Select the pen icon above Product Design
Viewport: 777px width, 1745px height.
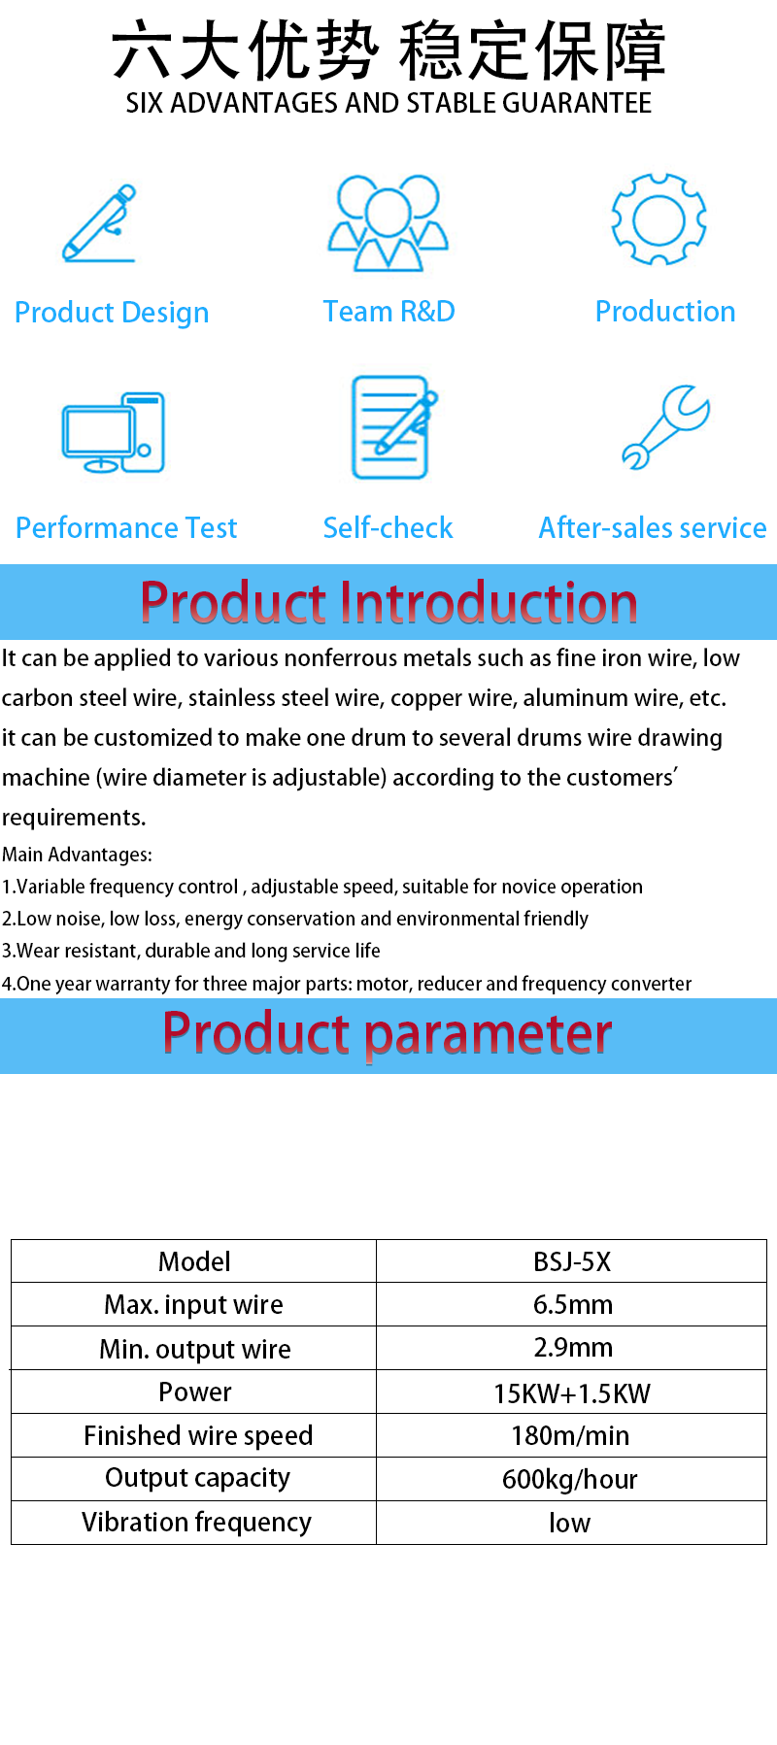[99, 223]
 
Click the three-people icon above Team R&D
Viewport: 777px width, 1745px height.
[388, 222]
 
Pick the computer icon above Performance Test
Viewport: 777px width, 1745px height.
[114, 433]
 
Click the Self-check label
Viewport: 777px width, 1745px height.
[388, 527]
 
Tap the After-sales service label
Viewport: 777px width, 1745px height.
[653, 527]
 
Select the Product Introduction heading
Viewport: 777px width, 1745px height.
[388, 602]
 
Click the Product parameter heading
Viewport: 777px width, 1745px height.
[388, 1034]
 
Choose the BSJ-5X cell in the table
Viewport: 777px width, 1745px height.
[572, 1261]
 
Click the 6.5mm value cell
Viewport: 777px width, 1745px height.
[573, 1304]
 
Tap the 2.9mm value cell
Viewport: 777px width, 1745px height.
[573, 1348]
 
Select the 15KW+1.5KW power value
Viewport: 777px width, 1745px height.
[572, 1393]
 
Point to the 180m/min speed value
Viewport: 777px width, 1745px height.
[571, 1435]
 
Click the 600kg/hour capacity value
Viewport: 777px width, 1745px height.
[570, 1479]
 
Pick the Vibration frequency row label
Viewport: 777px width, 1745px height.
[196, 1523]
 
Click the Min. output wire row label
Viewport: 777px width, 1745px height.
[195, 1349]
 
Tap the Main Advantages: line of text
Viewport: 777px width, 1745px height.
[77, 855]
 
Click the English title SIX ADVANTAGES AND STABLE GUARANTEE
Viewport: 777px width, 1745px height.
[388, 103]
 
